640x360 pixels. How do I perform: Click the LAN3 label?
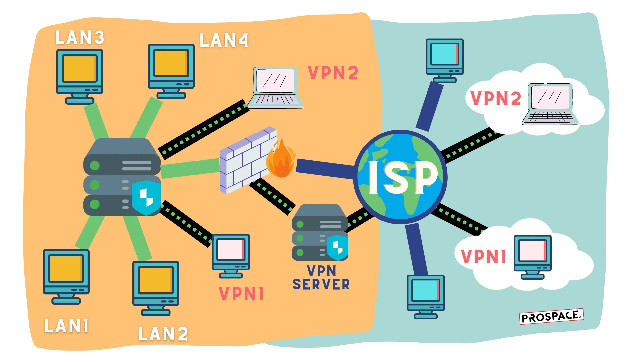point(80,37)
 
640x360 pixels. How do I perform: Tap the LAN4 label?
point(224,40)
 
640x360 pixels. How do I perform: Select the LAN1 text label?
point(67,326)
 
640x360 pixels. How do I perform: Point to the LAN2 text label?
point(163,334)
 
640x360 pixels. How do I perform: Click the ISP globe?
point(400,177)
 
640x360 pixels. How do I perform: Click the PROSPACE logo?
point(551,316)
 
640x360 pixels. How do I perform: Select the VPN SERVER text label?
point(321,278)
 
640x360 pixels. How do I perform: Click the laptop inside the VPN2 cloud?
point(550,104)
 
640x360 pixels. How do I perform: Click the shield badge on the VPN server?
point(337,247)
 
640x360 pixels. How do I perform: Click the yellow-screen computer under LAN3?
point(79,76)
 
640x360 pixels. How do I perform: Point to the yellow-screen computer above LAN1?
point(66,276)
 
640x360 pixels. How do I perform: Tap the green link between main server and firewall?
point(190,168)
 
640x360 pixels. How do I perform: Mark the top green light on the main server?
point(95,165)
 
